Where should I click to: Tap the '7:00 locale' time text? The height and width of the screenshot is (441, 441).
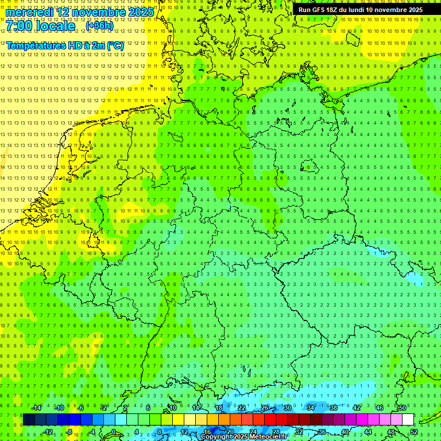pos(41,26)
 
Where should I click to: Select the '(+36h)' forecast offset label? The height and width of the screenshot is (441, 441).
pos(99,26)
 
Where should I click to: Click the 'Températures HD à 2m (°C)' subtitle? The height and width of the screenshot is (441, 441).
pos(65,45)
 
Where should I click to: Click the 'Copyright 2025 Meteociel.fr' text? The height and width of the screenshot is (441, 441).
pos(244,437)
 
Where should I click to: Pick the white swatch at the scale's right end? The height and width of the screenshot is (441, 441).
pos(408,420)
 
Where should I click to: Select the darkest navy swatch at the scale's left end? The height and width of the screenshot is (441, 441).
pos(29,420)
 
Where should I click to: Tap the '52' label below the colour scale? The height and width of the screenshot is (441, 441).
pos(414,432)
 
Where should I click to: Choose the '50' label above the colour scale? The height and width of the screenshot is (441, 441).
pos(403,408)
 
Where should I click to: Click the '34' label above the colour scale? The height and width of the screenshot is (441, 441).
pos(311,408)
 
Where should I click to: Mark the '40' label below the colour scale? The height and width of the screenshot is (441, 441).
pos(345,432)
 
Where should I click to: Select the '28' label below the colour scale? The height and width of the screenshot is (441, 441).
pos(276,432)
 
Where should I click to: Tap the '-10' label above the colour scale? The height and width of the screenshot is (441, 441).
pos(59,408)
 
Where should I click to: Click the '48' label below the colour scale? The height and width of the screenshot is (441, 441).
pos(391,432)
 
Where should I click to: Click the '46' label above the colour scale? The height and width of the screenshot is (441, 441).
pos(380,408)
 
